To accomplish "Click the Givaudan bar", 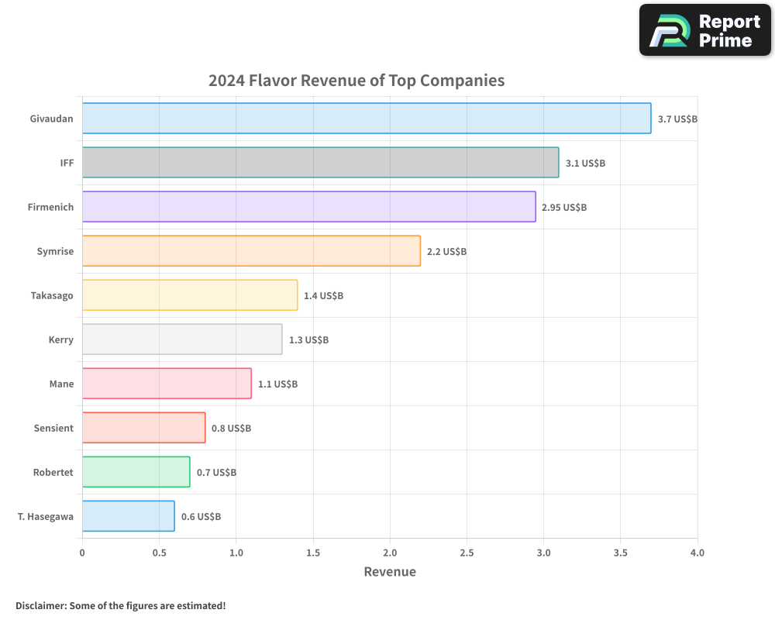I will tap(366, 119).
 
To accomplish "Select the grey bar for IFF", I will tap(320, 163).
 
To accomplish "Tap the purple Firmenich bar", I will tap(308, 207).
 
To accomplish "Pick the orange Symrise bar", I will tap(251, 251).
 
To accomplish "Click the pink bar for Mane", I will tap(167, 384).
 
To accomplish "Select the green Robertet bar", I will tap(136, 472).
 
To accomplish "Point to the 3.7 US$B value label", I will tap(677, 119).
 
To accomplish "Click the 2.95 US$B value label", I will tap(564, 208).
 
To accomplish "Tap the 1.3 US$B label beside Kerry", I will tap(308, 340).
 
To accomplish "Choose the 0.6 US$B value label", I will tap(201, 517).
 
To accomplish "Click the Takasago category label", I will tap(52, 295).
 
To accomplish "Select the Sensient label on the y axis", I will tap(53, 428).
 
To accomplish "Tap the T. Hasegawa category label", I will tap(45, 516).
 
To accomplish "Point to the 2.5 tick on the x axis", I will tap(467, 553).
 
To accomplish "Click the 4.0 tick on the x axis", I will tap(697, 553).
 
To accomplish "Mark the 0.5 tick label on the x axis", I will tap(159, 553).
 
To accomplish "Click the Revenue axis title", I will tap(390, 572).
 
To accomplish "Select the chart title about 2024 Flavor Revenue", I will tap(356, 81).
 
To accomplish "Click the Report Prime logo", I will tap(705, 30).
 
